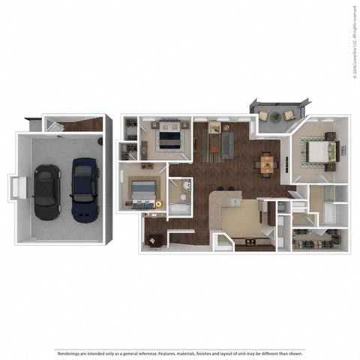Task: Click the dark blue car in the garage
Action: point(85,188)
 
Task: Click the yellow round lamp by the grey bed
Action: point(158,203)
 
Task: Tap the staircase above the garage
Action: point(79,124)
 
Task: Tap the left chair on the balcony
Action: point(265,115)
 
